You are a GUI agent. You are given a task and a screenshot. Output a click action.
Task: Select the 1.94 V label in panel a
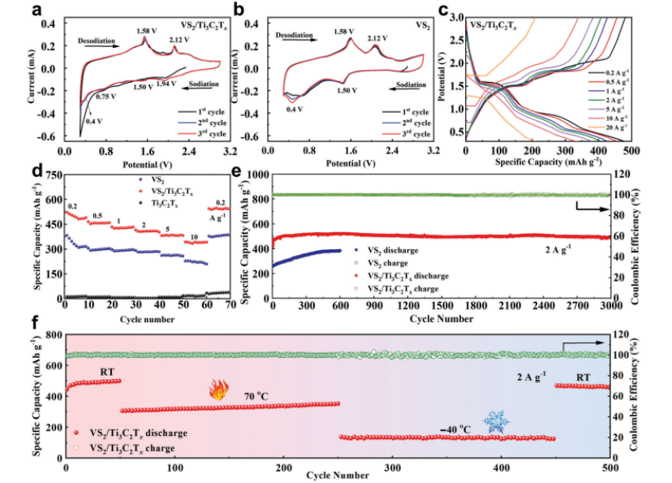pos(166,84)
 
